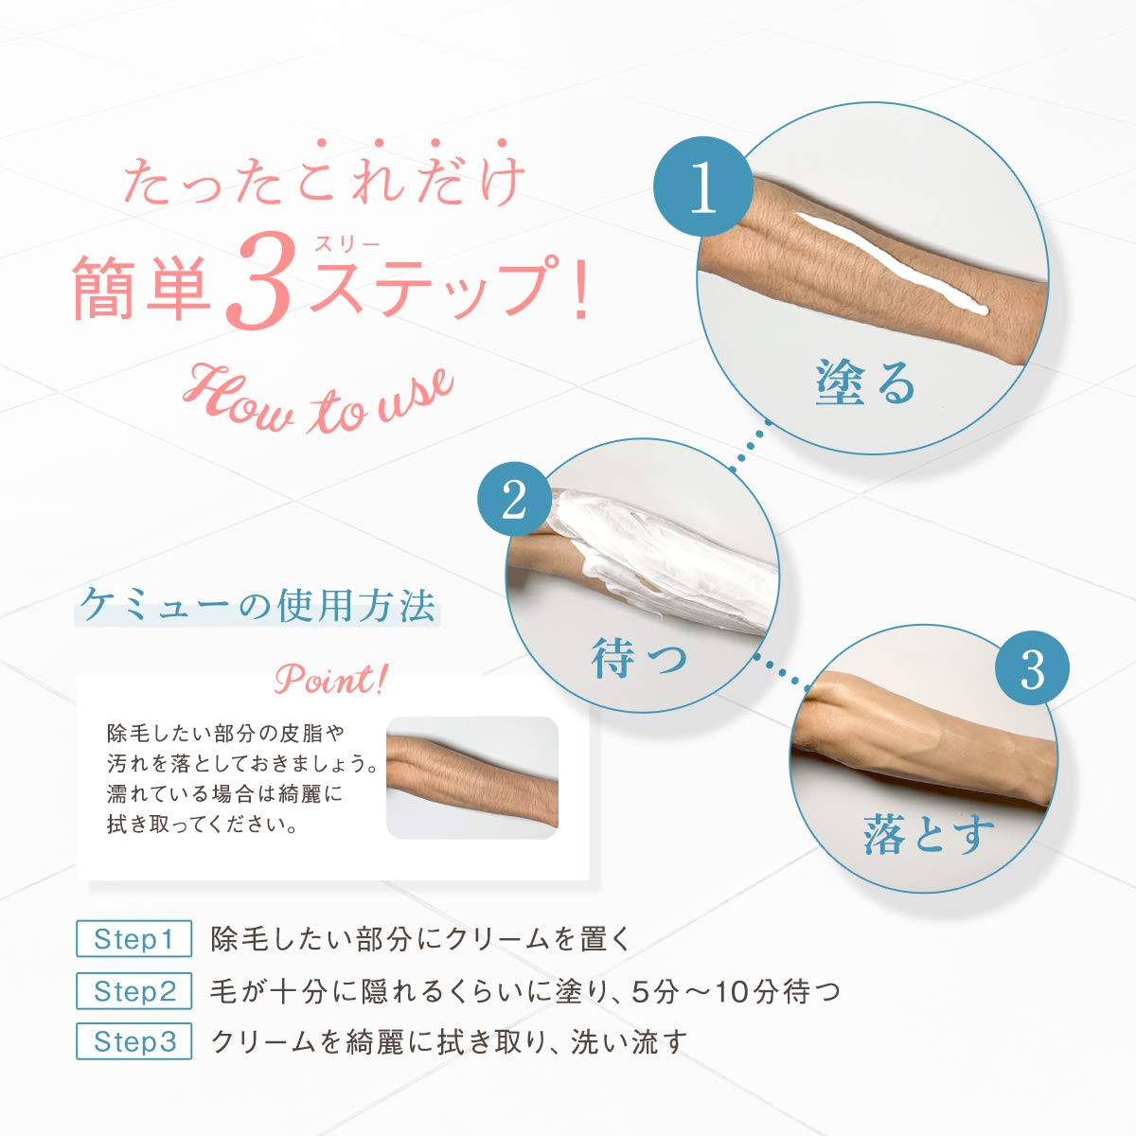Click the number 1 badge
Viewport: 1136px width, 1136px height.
(x=703, y=186)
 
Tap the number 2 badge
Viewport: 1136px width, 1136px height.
(x=514, y=499)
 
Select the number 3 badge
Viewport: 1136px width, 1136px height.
(x=1032, y=668)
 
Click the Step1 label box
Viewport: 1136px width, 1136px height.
(x=133, y=939)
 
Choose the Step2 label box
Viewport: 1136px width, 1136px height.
(x=133, y=991)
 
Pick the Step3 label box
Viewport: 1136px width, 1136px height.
(x=133, y=1042)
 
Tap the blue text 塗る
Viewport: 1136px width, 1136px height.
(x=866, y=383)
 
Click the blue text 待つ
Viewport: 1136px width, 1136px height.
(x=639, y=658)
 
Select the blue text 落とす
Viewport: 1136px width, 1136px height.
(x=929, y=834)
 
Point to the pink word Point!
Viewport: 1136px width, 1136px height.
(x=330, y=680)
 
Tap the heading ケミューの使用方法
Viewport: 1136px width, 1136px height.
(x=257, y=606)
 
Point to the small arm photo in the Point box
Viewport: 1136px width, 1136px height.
(x=471, y=777)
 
